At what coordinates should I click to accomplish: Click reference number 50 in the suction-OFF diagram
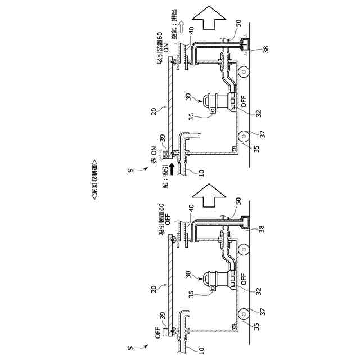(x=238, y=200)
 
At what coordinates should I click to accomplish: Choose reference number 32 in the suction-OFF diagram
(x=258, y=290)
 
